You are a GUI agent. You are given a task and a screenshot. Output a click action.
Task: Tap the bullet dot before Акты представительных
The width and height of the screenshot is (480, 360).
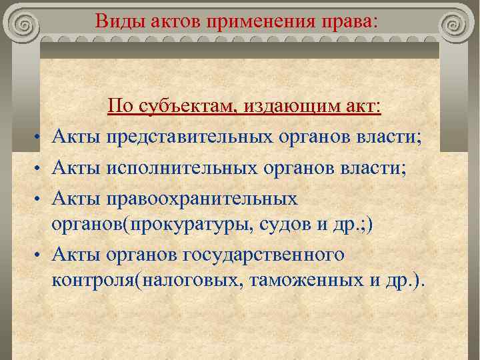pos(41,138)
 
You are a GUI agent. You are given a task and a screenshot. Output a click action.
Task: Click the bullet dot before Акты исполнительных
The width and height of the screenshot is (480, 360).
pos(41,169)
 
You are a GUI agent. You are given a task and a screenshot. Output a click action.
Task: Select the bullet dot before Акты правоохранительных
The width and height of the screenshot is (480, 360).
pos(41,199)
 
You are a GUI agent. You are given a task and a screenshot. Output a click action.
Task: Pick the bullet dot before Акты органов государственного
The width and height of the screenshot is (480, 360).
pos(41,255)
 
